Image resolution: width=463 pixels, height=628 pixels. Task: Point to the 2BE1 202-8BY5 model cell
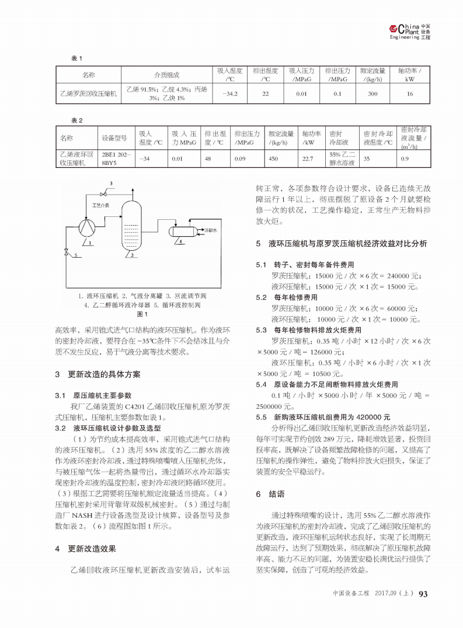coord(116,159)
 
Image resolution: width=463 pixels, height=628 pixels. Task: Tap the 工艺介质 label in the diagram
coord(101,205)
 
